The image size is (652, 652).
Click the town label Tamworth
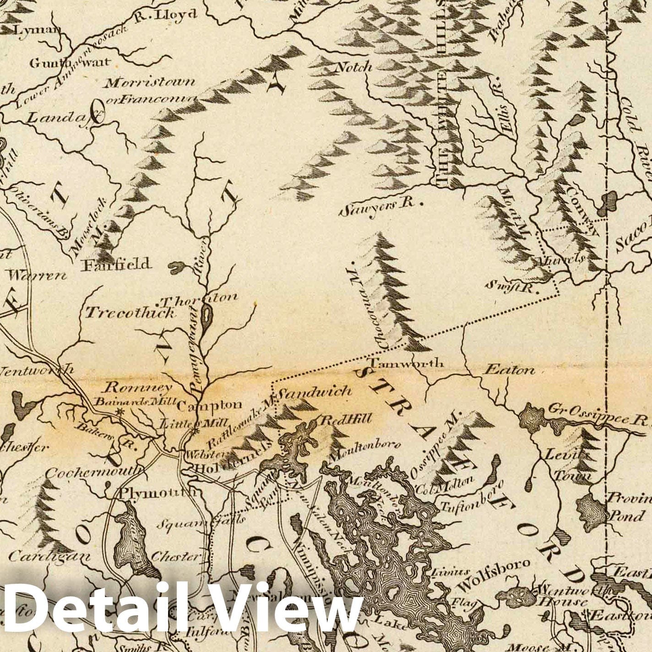(x=406, y=364)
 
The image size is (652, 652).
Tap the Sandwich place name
(x=315, y=391)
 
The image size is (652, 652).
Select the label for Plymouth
(x=158, y=493)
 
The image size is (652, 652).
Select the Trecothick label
(x=130, y=313)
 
